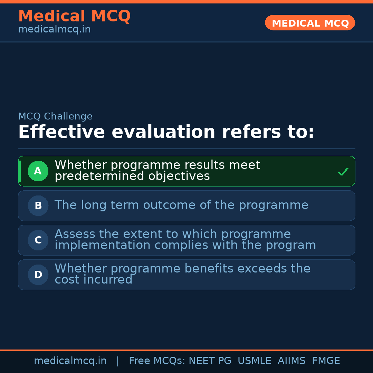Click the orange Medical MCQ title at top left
click(x=74, y=16)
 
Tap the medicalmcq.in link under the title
click(x=54, y=29)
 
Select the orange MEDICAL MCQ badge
click(x=310, y=23)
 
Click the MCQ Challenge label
click(x=55, y=116)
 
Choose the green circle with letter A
click(x=38, y=171)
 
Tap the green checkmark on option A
click(x=343, y=172)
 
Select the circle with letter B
click(x=38, y=205)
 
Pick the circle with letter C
click(x=38, y=240)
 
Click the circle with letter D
click(x=38, y=275)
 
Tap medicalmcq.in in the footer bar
click(x=70, y=361)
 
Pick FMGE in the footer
click(x=326, y=361)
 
